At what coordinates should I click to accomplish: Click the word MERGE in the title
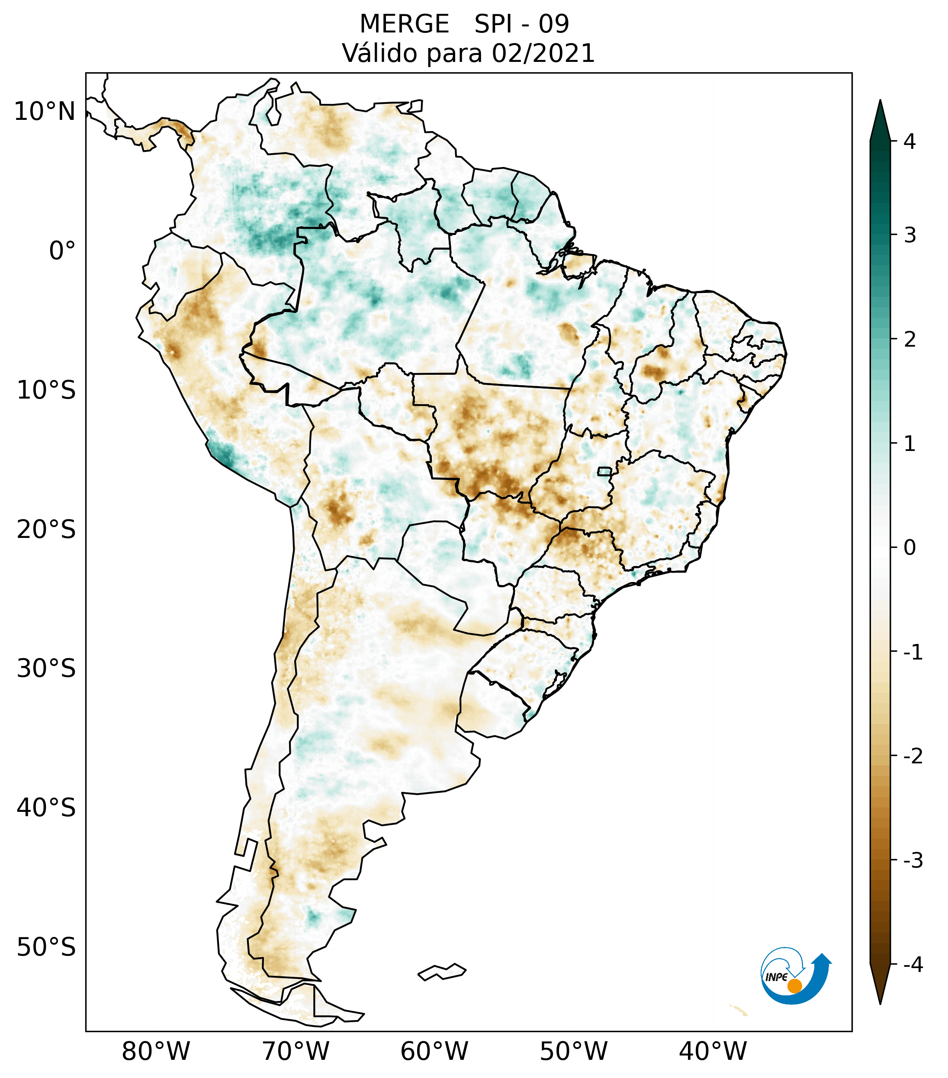[x=405, y=24]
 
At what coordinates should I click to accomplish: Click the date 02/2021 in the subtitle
[x=543, y=54]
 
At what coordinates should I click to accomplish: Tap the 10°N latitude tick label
[x=45, y=112]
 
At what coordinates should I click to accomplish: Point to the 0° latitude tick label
[x=62, y=251]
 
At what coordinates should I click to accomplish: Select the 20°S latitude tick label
[x=46, y=530]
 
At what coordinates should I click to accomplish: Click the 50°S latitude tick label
[x=46, y=948]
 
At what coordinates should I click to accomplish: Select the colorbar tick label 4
[x=909, y=142]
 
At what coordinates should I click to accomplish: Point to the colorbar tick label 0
[x=909, y=548]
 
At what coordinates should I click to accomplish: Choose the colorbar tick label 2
[x=909, y=340]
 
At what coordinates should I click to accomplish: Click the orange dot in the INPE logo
[x=794, y=986]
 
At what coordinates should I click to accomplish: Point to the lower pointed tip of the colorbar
[x=880, y=1003]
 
